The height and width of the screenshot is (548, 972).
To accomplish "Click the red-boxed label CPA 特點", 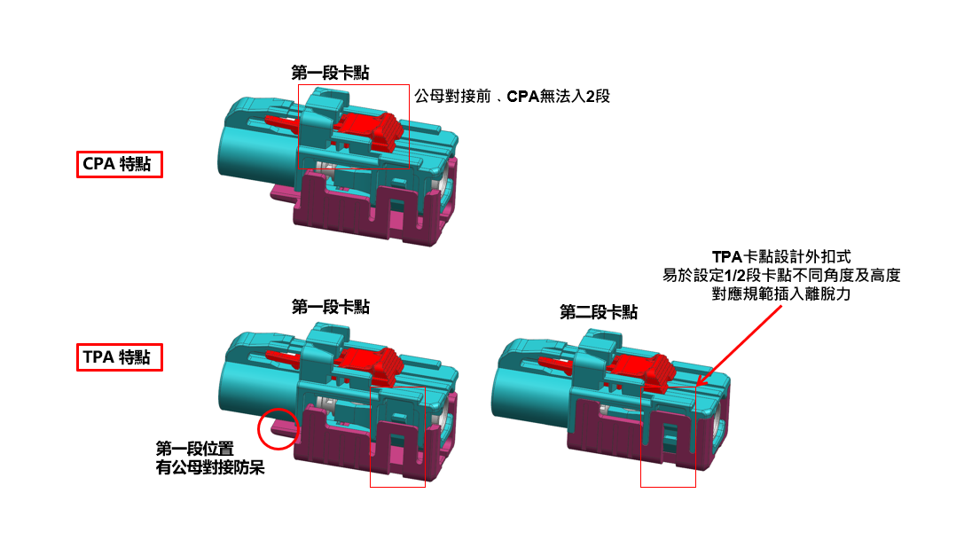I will pos(119,164).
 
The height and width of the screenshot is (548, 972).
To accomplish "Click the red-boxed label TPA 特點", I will pos(119,358).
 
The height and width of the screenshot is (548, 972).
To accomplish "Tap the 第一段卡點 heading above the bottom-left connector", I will pos(330,307).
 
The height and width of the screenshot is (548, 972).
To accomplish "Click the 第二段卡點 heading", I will pos(599,312).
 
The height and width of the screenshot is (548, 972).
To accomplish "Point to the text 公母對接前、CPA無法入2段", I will pos(513,96).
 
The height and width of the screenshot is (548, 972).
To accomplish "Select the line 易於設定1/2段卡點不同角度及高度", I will pos(781,275).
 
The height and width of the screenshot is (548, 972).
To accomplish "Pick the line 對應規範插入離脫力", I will pos(781,294).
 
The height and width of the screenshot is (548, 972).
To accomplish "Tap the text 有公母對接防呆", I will pos(210,466).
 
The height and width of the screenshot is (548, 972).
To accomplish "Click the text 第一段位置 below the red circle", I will pos(194,448).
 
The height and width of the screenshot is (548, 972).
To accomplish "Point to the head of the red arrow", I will pos(698,384).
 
